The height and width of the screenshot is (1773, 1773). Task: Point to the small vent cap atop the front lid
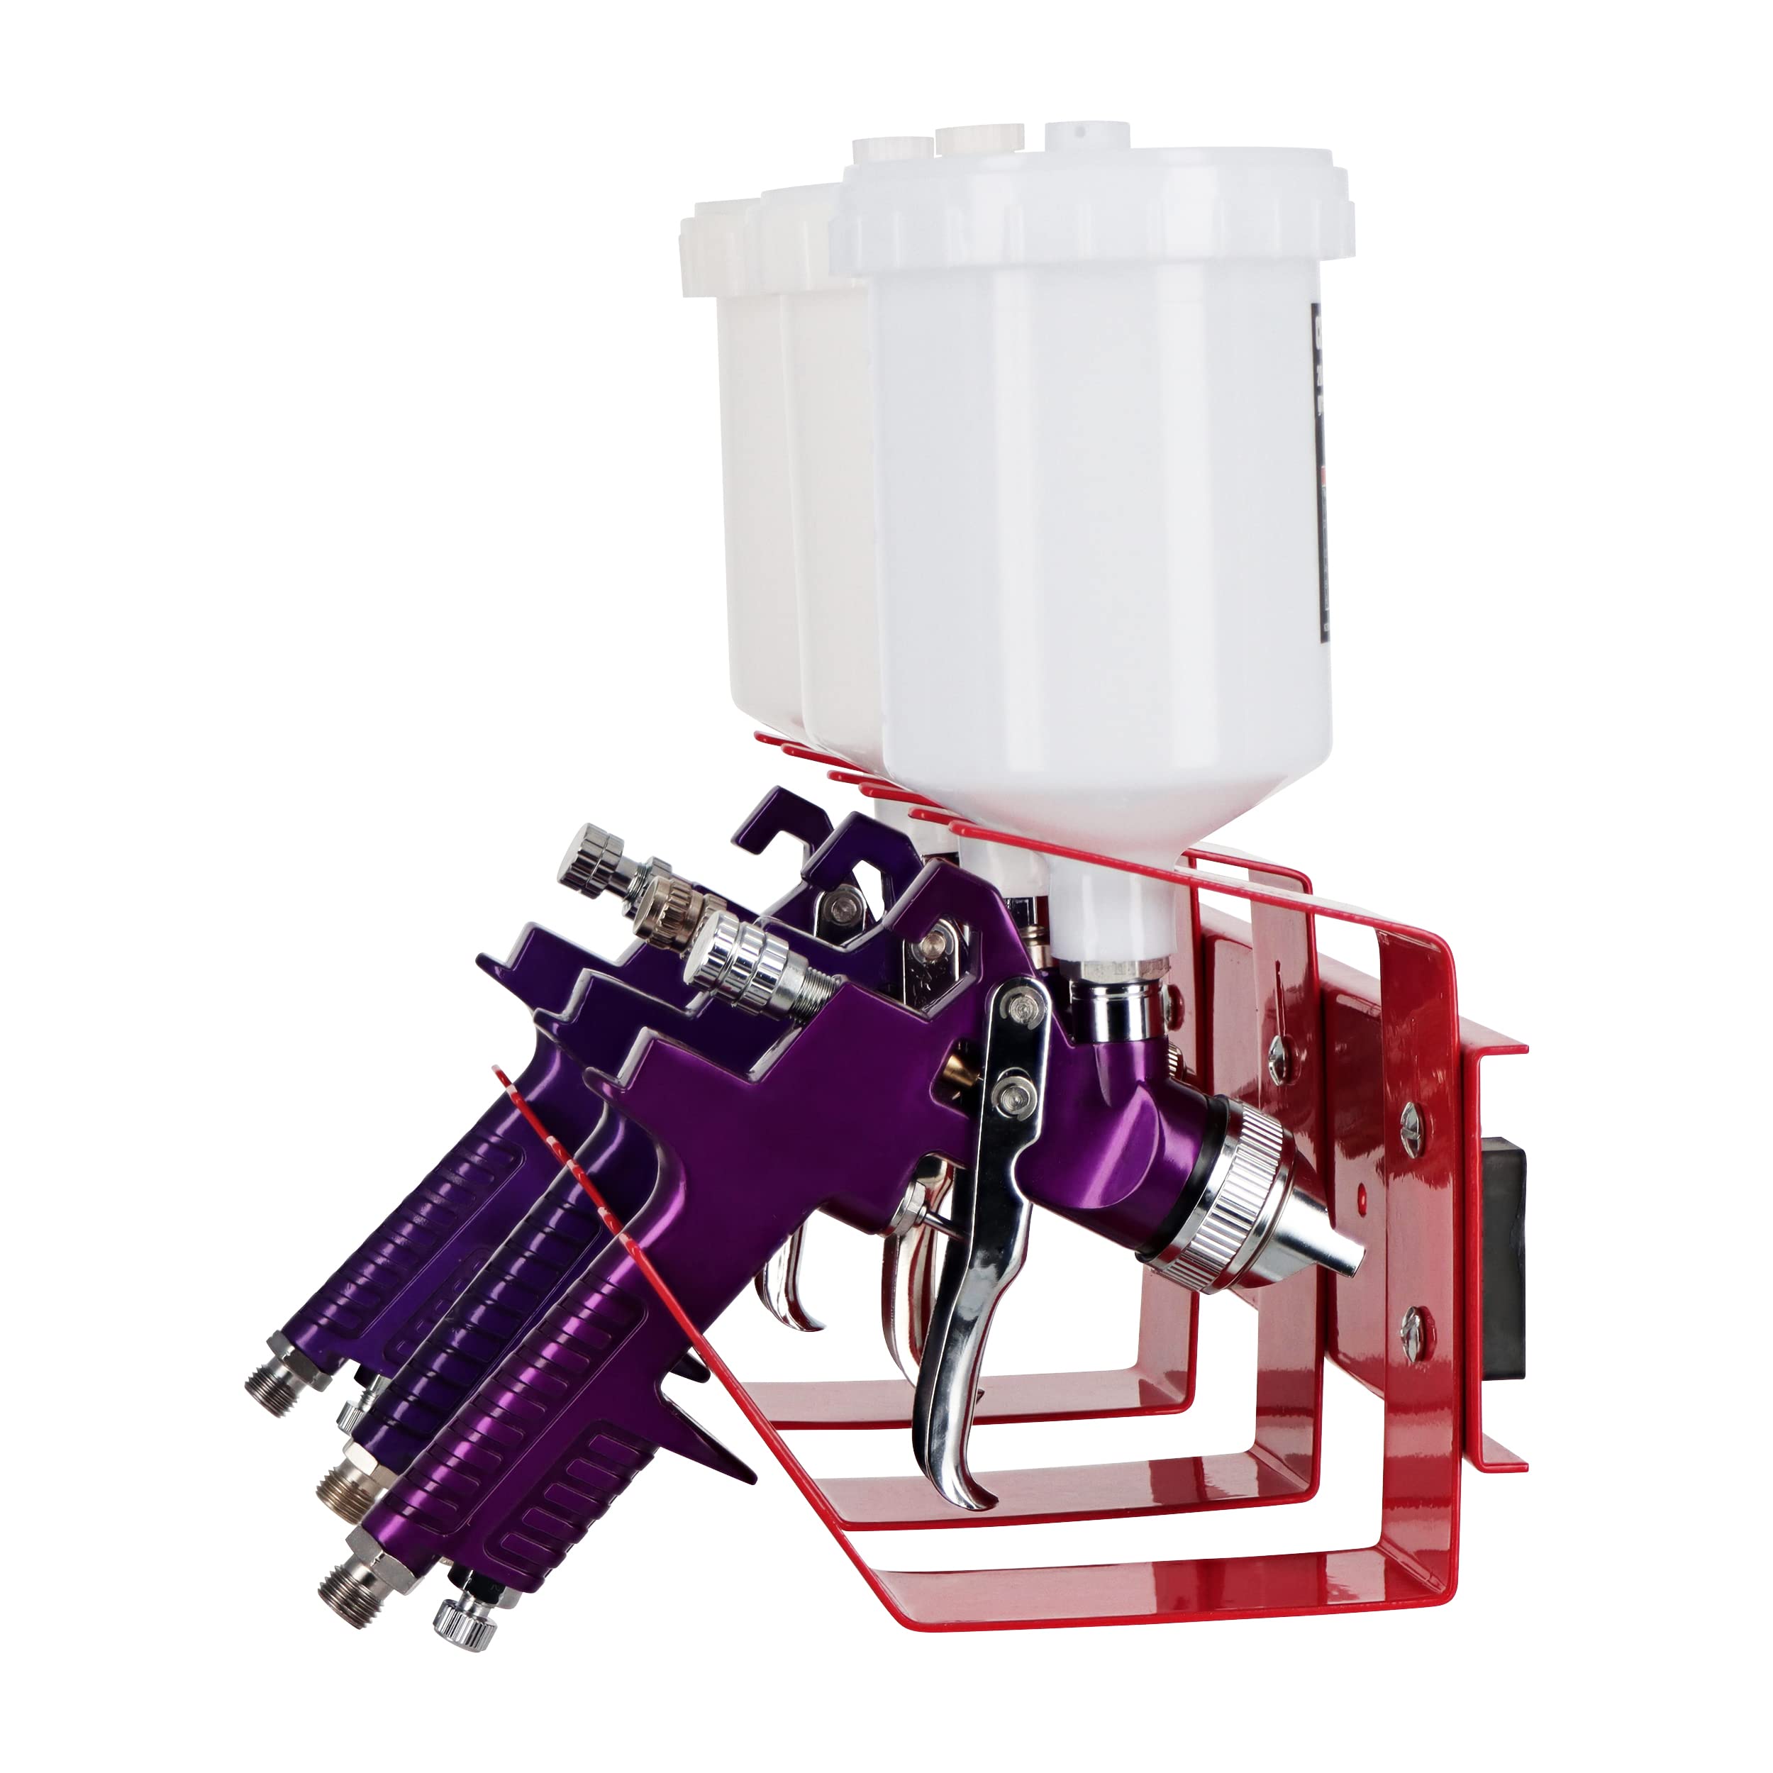click(x=1083, y=133)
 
